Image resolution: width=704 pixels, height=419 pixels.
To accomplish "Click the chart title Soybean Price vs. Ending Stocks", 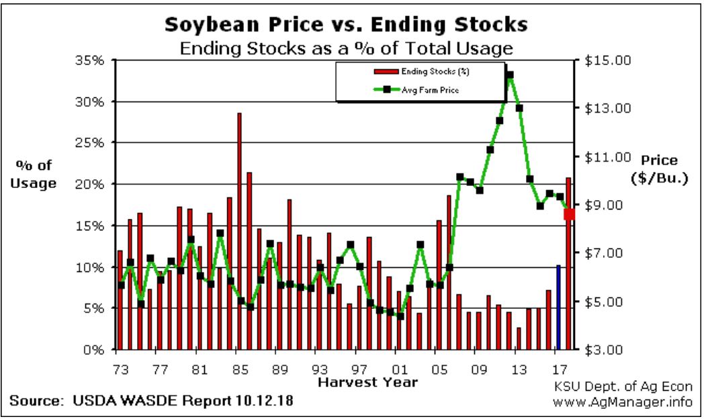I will pos(346,26).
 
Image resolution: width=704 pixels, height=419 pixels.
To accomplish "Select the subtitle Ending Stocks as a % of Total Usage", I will pos(345,48).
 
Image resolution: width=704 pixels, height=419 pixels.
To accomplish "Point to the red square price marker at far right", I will pos(569,214).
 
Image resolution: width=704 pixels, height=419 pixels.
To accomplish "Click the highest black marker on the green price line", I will pos(510,75).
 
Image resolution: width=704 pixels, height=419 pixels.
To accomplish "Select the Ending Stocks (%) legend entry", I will pos(431,71).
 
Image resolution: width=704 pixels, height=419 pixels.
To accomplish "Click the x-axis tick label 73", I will pos(117,369).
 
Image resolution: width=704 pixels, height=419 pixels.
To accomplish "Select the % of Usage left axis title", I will pos(33,174).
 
